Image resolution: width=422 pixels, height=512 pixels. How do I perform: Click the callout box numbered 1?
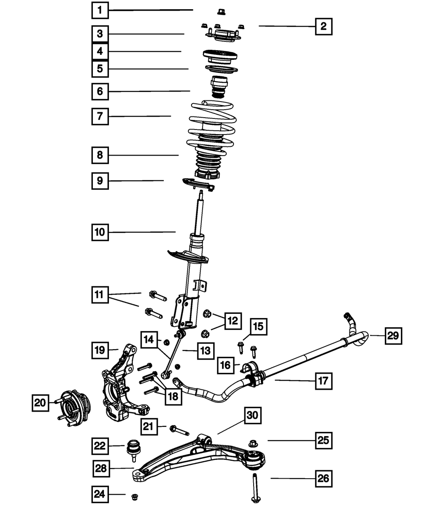pyautogui.click(x=100, y=10)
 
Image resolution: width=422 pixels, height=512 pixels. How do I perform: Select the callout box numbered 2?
pyautogui.click(x=323, y=26)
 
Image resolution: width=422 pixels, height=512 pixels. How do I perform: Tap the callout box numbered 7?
pyautogui.click(x=100, y=116)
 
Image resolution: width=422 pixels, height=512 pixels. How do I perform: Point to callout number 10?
pyautogui.click(x=100, y=232)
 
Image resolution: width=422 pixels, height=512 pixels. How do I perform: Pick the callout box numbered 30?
pyautogui.click(x=252, y=416)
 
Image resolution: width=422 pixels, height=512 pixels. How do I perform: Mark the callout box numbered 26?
pyautogui.click(x=323, y=478)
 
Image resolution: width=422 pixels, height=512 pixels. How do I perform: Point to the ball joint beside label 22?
pyautogui.click(x=134, y=449)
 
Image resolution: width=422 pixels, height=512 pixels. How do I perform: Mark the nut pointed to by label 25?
pyautogui.click(x=253, y=443)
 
